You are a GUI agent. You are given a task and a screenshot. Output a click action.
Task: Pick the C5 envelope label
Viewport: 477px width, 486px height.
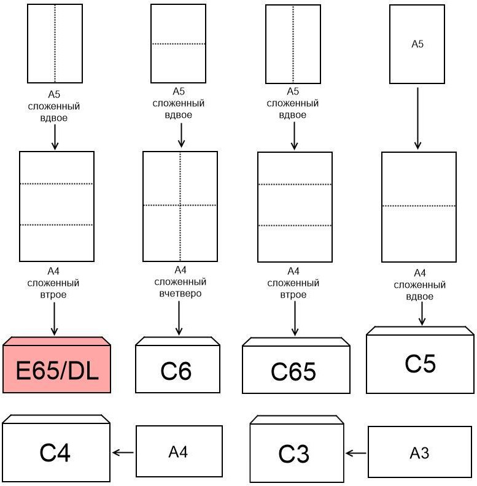click(x=420, y=364)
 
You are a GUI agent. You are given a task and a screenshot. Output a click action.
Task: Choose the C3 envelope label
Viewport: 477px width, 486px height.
click(x=293, y=455)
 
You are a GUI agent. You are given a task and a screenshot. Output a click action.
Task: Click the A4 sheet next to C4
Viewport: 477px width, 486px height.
click(x=177, y=453)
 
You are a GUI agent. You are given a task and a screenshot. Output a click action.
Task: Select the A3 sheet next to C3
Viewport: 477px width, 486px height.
click(x=419, y=453)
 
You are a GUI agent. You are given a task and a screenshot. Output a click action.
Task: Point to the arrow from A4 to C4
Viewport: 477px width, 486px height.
click(x=123, y=453)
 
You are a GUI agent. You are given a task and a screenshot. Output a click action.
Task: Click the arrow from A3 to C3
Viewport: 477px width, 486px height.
click(x=356, y=453)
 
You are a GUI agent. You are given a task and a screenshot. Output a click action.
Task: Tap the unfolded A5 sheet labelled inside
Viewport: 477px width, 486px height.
click(x=417, y=44)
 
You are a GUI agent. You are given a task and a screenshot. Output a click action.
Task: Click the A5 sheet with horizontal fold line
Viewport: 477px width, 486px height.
click(x=178, y=44)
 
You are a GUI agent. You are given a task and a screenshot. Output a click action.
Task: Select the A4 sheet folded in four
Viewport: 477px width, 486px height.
click(x=180, y=206)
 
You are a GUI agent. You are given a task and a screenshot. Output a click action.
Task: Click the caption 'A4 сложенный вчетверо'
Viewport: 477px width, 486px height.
click(x=180, y=282)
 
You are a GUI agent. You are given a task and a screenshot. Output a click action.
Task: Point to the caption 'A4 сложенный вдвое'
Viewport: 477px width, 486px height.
click(x=419, y=284)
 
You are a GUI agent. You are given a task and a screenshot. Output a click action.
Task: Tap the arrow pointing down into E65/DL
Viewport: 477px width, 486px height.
click(x=54, y=319)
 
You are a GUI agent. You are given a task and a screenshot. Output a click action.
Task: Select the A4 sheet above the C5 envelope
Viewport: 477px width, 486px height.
click(x=419, y=206)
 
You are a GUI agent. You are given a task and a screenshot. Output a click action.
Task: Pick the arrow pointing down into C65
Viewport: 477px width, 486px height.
click(x=294, y=318)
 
